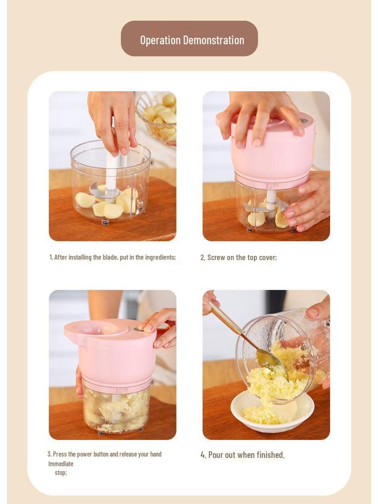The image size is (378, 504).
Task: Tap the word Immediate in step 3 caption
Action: click(61, 464)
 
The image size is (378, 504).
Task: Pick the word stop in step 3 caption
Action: click(60, 472)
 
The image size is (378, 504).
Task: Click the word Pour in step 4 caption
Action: click(216, 455)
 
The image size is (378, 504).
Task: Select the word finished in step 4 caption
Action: click(270, 455)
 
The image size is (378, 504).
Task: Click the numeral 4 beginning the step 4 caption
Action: click(203, 455)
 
